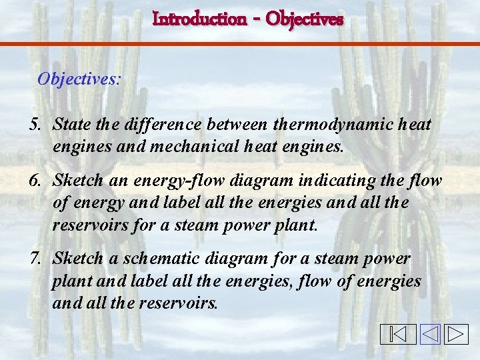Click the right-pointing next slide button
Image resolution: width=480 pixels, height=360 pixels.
(x=457, y=334)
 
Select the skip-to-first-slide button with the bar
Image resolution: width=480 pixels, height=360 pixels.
(x=398, y=334)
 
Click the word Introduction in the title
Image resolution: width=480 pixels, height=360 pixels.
(x=199, y=19)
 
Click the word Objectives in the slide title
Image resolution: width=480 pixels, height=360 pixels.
(x=304, y=19)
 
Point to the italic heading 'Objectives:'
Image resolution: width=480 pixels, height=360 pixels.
(x=79, y=79)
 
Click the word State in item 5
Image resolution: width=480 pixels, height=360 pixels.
(x=70, y=125)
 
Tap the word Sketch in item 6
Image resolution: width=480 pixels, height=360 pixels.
(x=78, y=180)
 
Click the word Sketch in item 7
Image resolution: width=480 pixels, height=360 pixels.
(x=78, y=258)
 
